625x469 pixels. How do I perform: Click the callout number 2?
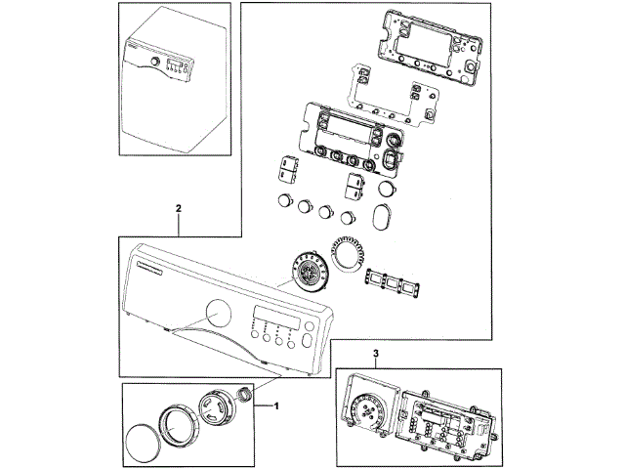point(178,208)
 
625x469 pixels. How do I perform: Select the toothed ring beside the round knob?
point(347,256)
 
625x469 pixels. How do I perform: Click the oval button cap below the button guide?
point(384,214)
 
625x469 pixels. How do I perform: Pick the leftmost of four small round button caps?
point(285,200)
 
